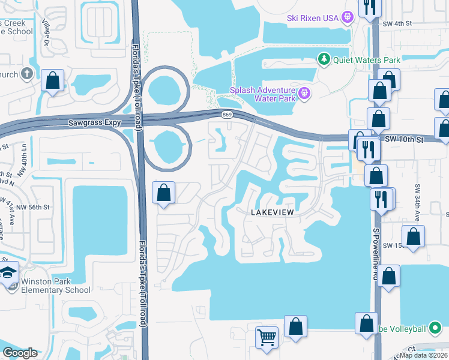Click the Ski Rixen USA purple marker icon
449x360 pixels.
[x=347, y=17]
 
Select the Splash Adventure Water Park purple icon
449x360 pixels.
[x=304, y=93]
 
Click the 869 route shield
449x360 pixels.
[x=226, y=114]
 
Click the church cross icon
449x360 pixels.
[x=26, y=74]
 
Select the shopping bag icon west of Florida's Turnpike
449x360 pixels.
[x=52, y=80]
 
